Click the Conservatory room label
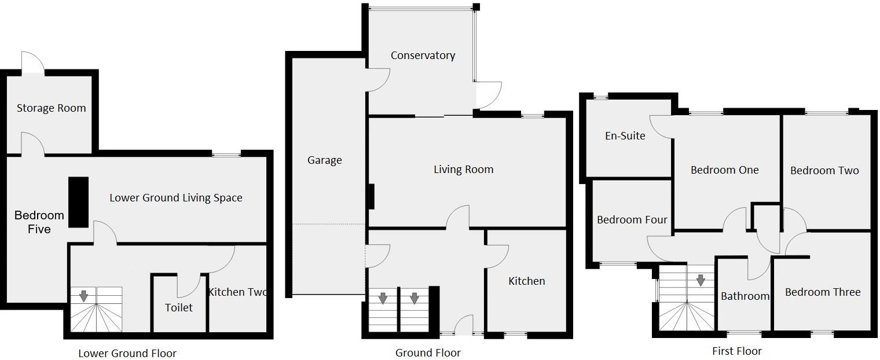coord(423,56)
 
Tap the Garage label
coord(324,160)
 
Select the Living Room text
coord(463,170)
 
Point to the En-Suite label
coord(625,136)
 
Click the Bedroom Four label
coord(632,220)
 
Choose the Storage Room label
coord(51,108)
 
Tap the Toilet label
coord(179,308)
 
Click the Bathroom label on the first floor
coord(745,296)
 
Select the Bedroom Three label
coord(822,292)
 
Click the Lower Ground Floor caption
coord(127,353)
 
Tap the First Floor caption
coord(736,351)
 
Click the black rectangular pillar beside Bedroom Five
coord(79,202)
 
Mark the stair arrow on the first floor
coord(701,281)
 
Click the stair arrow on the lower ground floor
coord(84,296)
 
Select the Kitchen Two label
coord(238,292)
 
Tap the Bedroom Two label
coord(824,171)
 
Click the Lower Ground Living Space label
coord(176,198)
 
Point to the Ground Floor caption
coord(428,353)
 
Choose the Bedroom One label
coord(724,170)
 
